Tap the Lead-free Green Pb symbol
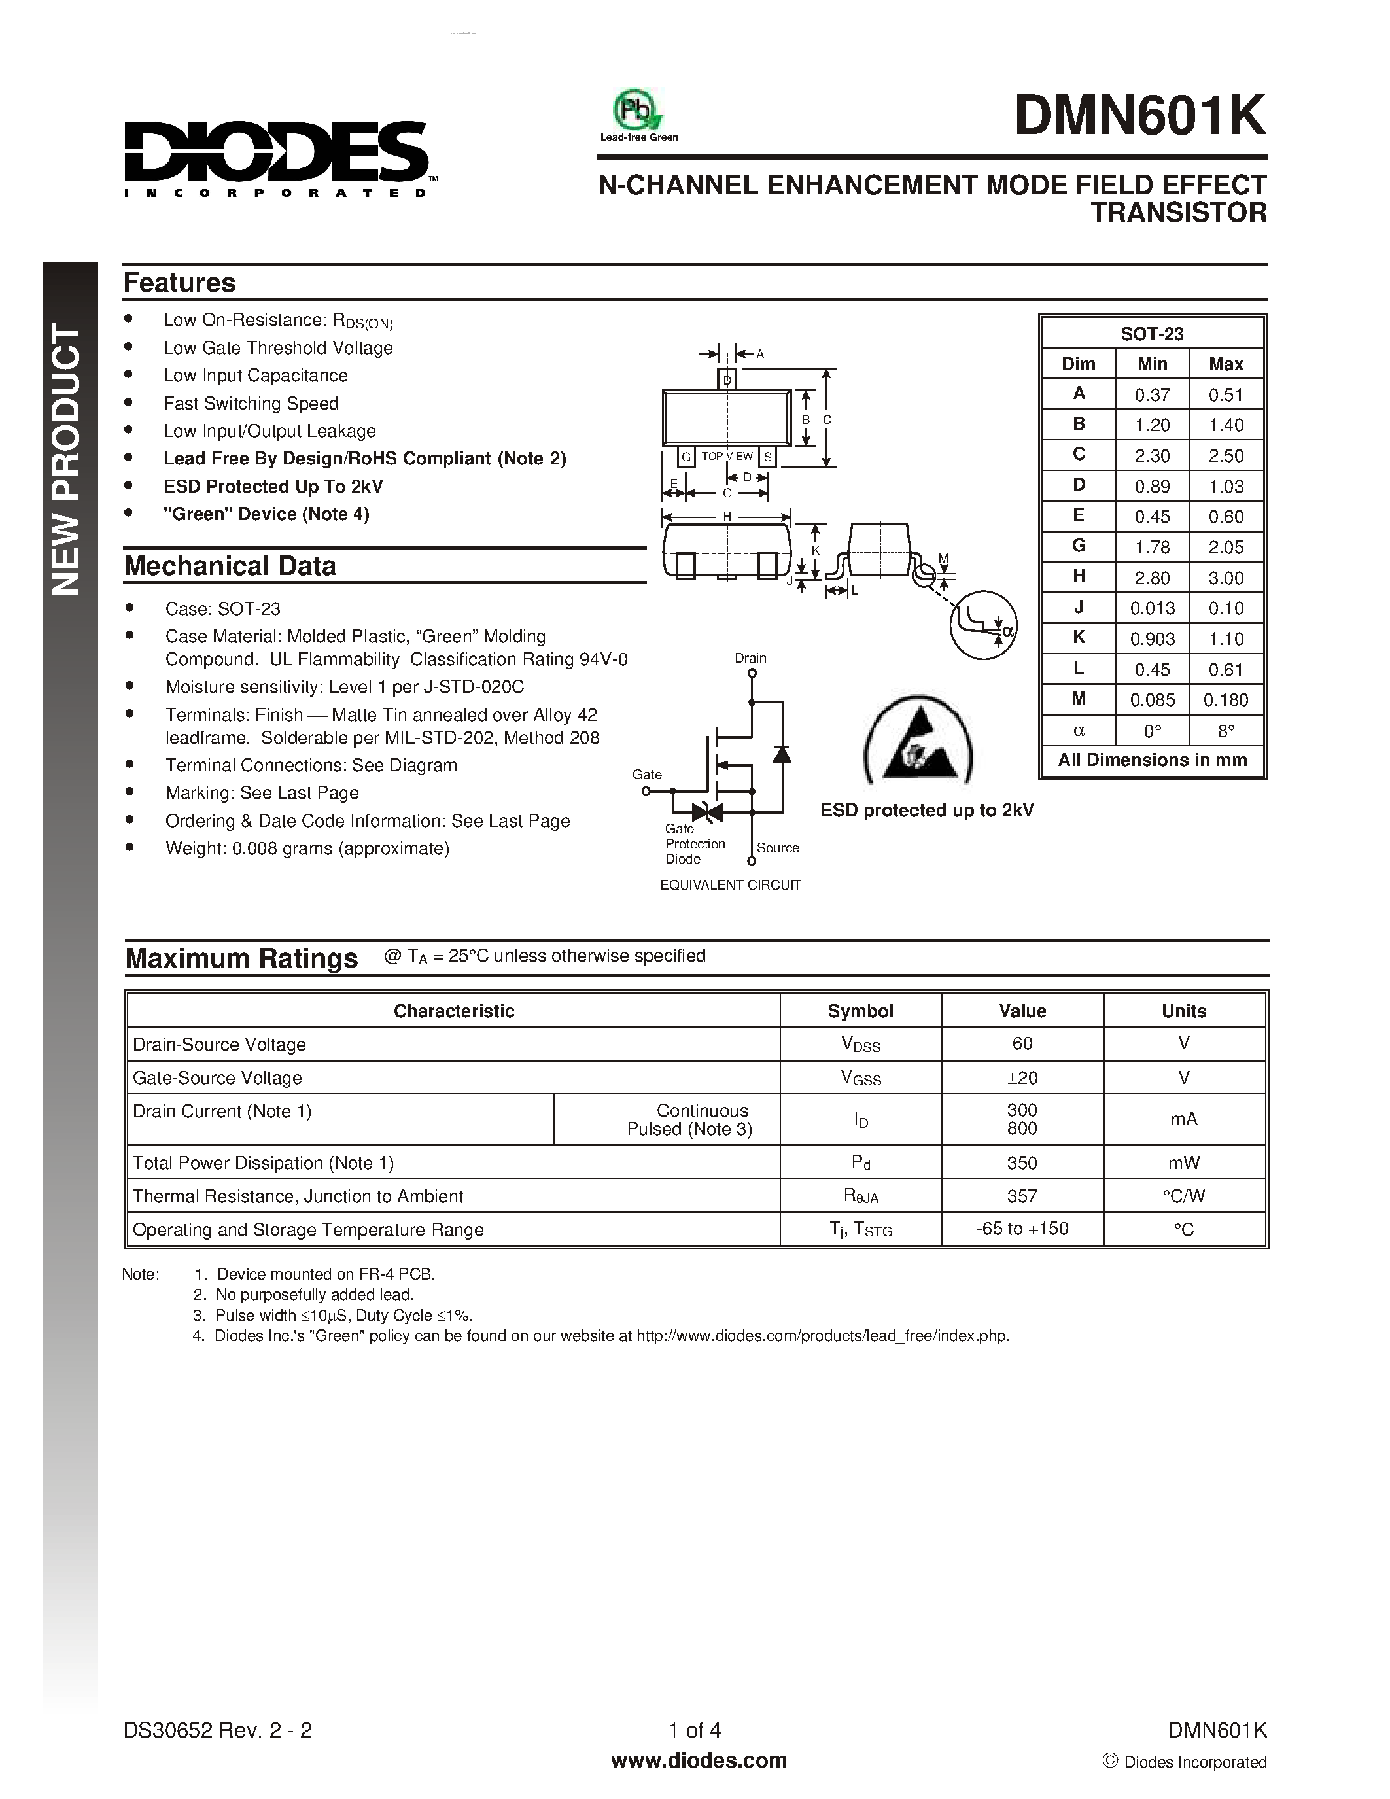(637, 111)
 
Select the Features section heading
(179, 283)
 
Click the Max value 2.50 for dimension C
(1225, 455)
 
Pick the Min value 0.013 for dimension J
(1151, 608)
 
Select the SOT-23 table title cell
(1151, 334)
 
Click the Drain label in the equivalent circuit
(750, 658)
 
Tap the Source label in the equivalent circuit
(777, 848)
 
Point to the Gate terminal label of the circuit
(647, 775)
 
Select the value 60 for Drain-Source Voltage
(1022, 1043)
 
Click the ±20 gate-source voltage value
(1022, 1077)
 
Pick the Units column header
(1183, 1011)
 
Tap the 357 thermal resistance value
(1022, 1195)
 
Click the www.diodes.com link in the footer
(699, 1760)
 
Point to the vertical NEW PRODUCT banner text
(67, 461)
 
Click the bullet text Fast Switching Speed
(251, 404)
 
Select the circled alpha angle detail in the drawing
(983, 625)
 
